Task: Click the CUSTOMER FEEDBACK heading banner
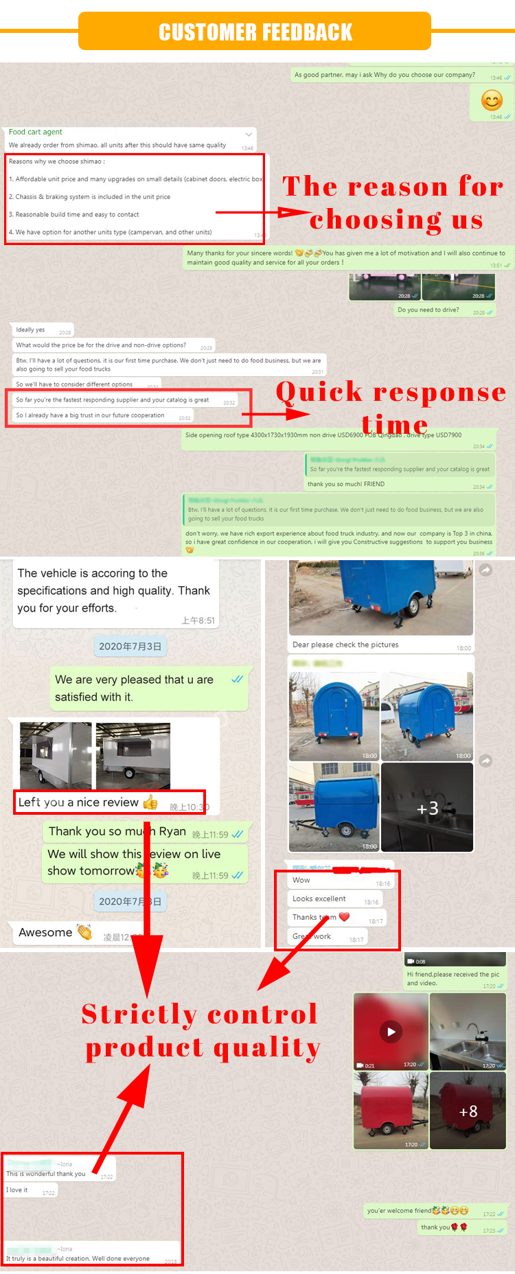click(255, 32)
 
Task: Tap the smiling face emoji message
click(492, 101)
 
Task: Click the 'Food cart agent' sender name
click(36, 132)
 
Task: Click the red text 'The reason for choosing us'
click(393, 203)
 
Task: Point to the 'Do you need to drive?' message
click(428, 310)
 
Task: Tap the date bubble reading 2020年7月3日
click(130, 646)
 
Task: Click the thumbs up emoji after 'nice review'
click(150, 802)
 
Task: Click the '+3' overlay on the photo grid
click(427, 809)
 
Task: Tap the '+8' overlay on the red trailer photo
click(468, 1111)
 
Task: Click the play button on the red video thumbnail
click(391, 1032)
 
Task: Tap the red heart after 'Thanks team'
click(345, 917)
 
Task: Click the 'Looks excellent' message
click(319, 899)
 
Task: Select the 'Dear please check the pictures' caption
click(345, 645)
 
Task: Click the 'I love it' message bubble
click(18, 1190)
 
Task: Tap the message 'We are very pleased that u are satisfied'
click(134, 688)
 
